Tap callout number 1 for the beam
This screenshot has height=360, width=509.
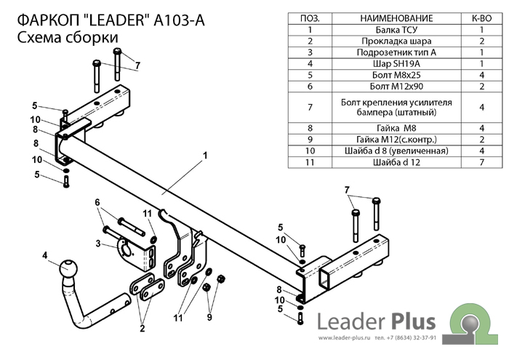pyautogui.click(x=206, y=155)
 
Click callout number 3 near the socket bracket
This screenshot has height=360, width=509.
pyautogui.click(x=97, y=243)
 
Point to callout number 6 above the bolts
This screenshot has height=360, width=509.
pyautogui.click(x=96, y=201)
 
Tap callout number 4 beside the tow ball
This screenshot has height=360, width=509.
pyautogui.click(x=45, y=255)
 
